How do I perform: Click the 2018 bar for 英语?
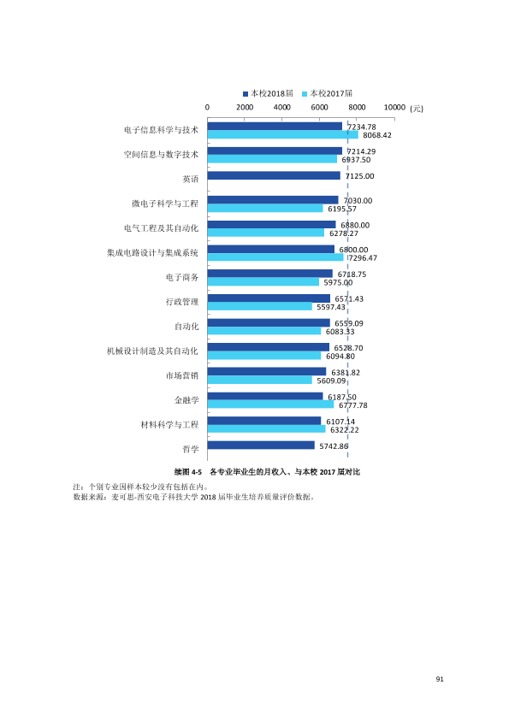(274, 175)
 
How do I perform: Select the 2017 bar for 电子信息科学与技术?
(282, 134)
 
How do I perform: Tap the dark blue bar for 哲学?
(261, 446)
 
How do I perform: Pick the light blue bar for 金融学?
(270, 404)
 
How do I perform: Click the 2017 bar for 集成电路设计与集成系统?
(275, 257)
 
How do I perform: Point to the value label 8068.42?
(377, 135)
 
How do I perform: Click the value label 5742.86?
(334, 446)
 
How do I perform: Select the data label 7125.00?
(359, 176)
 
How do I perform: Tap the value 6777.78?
(353, 405)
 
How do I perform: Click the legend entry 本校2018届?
(269, 94)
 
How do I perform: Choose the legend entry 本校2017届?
(327, 94)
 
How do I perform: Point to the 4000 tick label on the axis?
(282, 108)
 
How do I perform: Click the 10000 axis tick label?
(394, 108)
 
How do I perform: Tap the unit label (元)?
(417, 109)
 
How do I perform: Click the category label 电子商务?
(182, 277)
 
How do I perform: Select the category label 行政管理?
(182, 302)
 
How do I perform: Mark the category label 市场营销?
(182, 375)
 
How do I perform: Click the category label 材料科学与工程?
(170, 425)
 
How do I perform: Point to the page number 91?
(440, 679)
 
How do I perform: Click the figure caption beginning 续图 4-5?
(268, 472)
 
